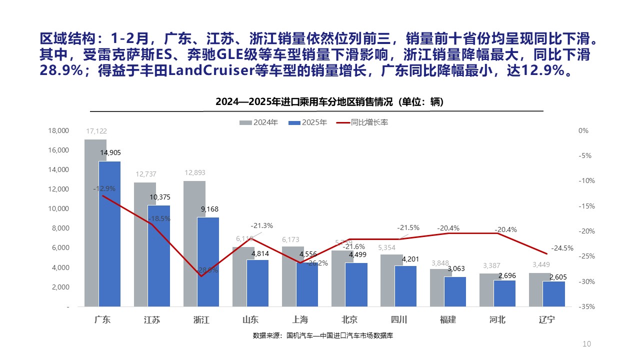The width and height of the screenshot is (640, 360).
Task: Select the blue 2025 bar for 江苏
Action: pos(159,255)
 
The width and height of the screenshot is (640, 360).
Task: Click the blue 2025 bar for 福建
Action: pos(455,291)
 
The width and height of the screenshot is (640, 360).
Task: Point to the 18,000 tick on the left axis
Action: pos(58,131)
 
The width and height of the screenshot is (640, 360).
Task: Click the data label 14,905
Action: pos(110,153)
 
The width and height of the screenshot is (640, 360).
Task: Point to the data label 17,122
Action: pos(96,131)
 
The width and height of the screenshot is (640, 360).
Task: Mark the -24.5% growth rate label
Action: pos(562,248)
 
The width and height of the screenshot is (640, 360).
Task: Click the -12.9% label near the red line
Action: pos(104,189)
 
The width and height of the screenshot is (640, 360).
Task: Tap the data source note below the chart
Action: pos(322,335)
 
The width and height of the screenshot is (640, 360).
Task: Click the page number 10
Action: pos(587,344)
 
